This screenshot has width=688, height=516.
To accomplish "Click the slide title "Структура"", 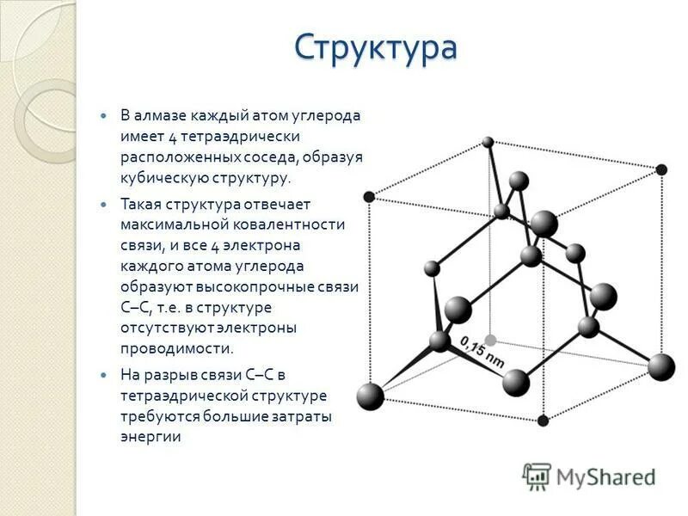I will (375, 47).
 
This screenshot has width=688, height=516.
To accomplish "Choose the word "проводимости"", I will (176, 348).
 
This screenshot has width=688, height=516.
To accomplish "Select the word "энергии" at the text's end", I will (150, 436).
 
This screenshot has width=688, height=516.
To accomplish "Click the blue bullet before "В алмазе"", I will (104, 115).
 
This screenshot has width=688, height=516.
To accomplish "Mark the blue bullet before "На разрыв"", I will (104, 375).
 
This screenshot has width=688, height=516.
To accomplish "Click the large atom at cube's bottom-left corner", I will (370, 396).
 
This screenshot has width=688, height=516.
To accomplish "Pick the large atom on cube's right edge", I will (661, 367).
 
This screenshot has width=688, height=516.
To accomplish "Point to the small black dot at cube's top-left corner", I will (370, 197).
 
